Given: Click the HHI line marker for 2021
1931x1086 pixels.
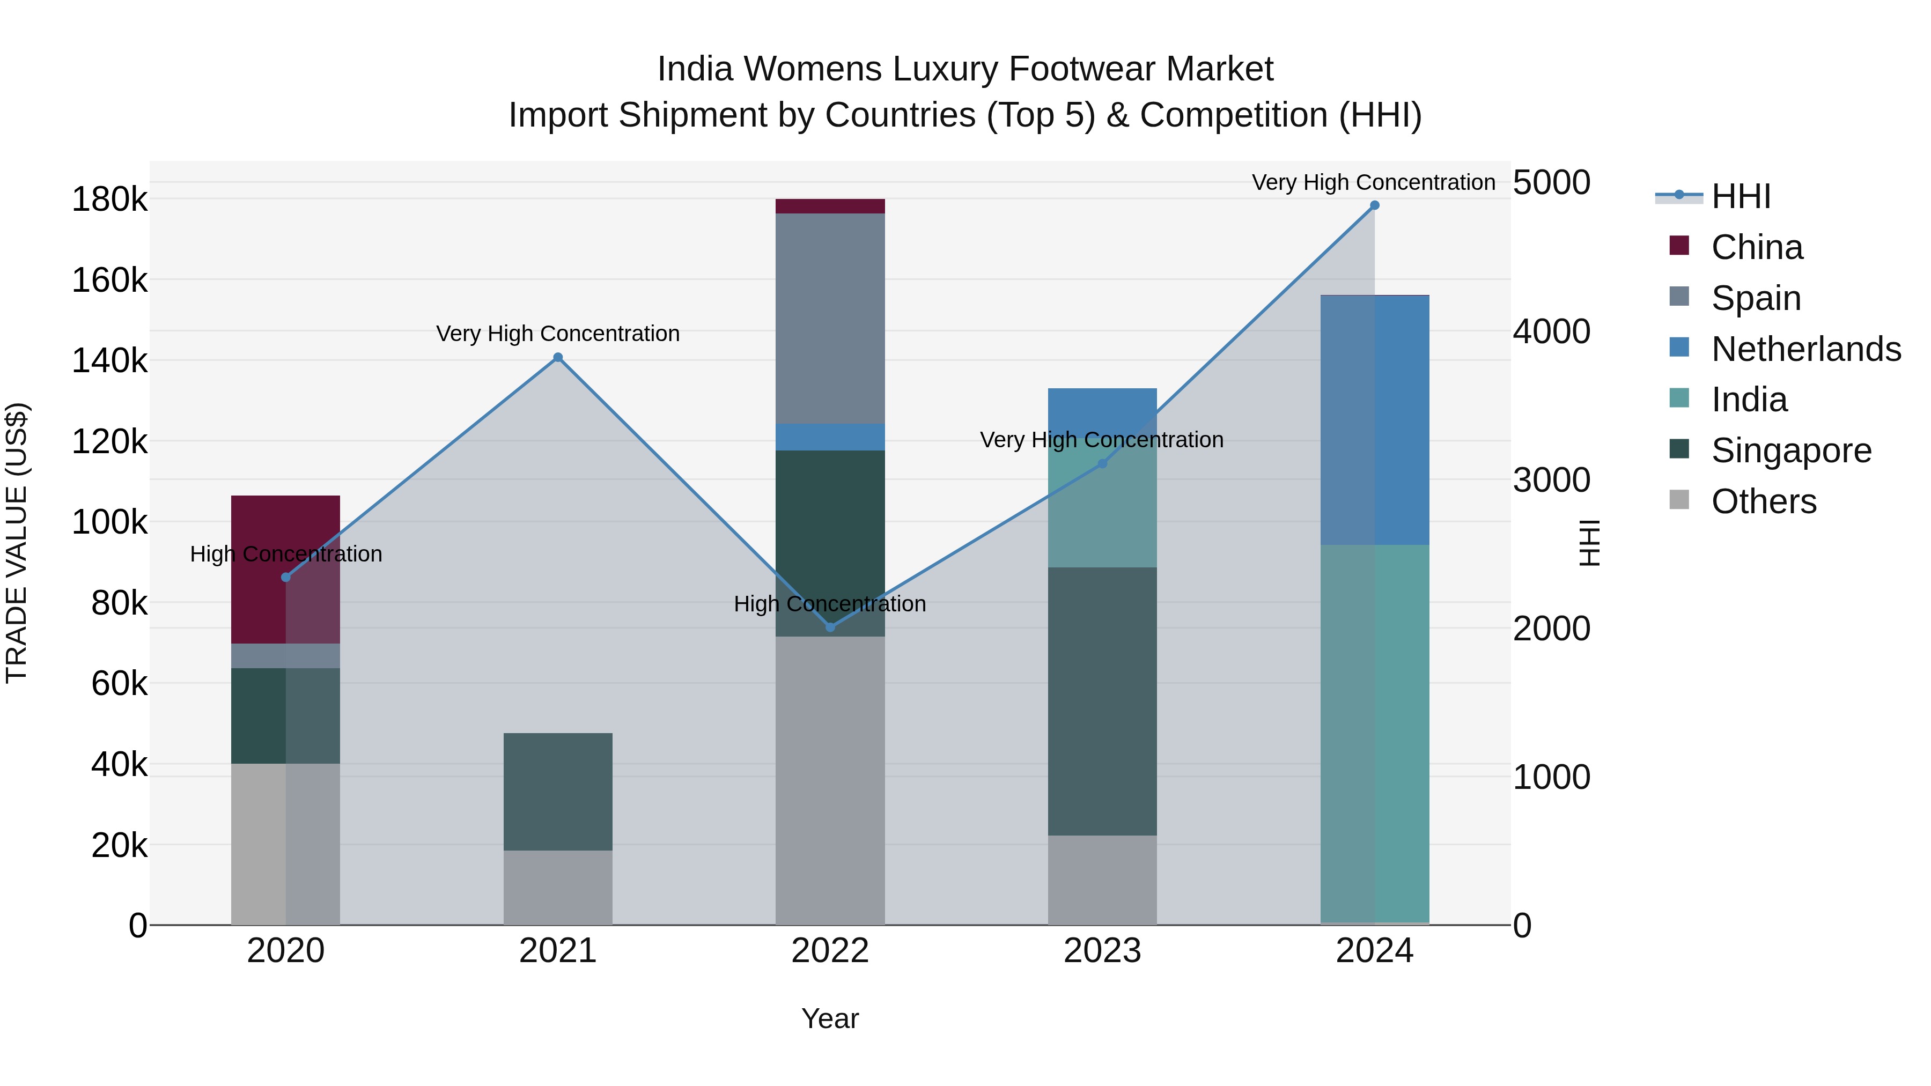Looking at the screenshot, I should (558, 358).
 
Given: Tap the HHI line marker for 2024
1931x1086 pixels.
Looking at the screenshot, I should (1374, 205).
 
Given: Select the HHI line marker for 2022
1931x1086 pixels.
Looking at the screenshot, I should (830, 626).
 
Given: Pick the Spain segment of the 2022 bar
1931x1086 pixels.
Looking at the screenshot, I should (830, 319).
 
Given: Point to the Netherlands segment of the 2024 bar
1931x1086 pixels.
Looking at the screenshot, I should (1374, 420).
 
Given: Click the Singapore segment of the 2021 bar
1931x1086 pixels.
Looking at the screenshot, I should (558, 792).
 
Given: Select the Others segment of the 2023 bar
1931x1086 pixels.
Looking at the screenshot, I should (1102, 880).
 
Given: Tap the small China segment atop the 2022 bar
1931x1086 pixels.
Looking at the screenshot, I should (830, 206).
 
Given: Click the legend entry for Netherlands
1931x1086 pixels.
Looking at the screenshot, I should (1806, 349).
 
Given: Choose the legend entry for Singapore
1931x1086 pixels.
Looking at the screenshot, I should (1791, 450).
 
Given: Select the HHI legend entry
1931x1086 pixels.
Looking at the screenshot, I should (1740, 196).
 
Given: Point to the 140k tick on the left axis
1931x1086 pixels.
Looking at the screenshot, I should (109, 360).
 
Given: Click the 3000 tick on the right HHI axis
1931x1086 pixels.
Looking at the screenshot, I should (1551, 479).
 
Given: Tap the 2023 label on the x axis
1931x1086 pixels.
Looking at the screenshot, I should (1102, 951).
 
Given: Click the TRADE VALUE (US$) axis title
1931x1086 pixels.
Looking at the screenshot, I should (17, 543).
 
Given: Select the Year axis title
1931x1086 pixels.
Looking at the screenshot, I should (830, 1018).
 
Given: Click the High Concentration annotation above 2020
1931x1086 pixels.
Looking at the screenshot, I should (285, 554).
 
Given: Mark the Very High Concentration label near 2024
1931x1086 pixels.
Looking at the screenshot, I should (1373, 182).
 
